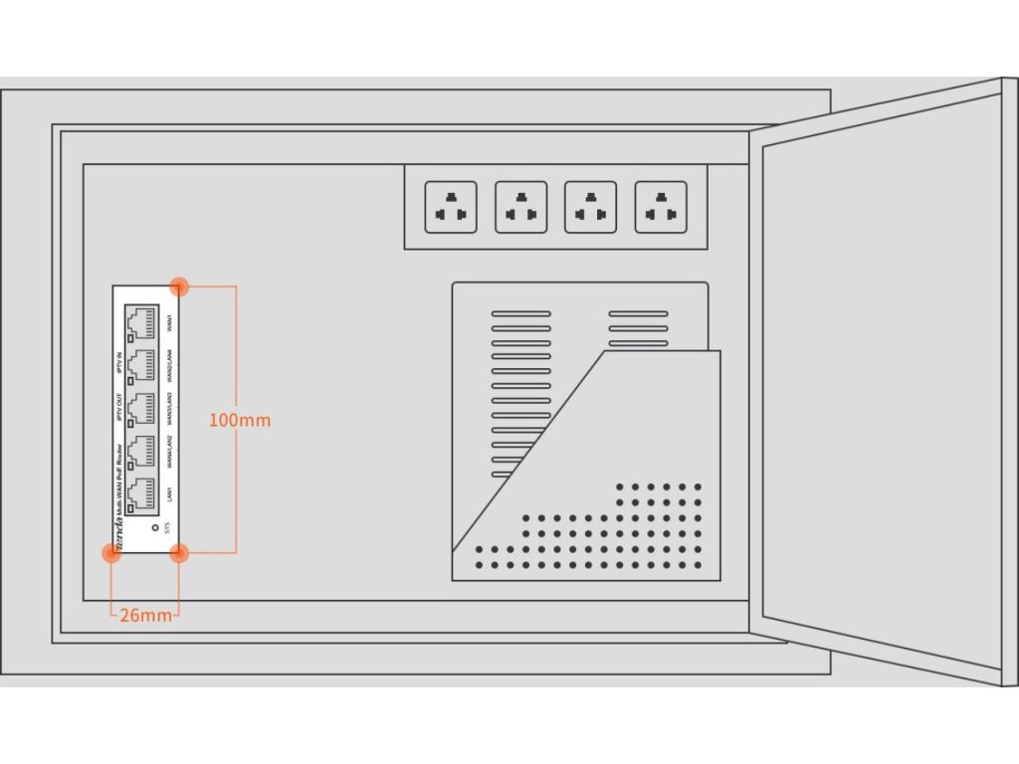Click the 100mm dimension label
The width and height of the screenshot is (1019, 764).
(239, 420)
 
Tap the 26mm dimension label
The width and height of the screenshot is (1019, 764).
(145, 615)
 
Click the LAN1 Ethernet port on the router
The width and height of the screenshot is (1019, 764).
(140, 494)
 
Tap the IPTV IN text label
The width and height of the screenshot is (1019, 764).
(120, 362)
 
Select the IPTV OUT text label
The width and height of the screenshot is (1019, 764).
(120, 410)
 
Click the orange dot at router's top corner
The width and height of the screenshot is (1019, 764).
(179, 286)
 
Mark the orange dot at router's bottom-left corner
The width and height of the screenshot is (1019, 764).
(111, 553)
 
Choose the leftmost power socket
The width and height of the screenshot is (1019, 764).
(451, 207)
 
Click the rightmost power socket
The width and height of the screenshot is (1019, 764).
(661, 207)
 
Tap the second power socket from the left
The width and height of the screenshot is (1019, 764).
(520, 207)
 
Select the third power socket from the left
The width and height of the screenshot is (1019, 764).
(590, 207)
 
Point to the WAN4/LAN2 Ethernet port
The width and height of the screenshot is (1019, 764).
(140, 453)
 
